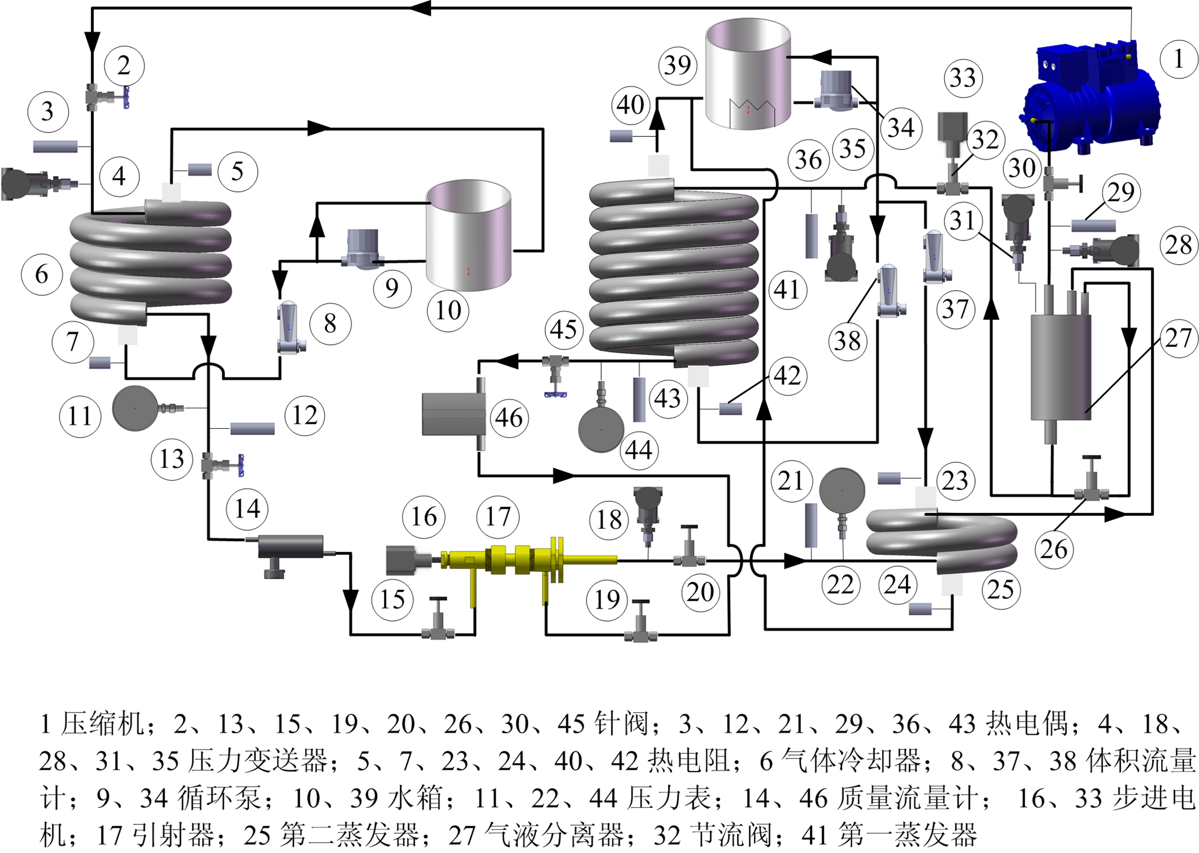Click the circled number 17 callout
[498, 516]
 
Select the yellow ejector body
[509, 560]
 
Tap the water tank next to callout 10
[469, 235]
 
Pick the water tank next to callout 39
[748, 74]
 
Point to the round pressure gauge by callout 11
[135, 408]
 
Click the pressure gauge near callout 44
[601, 430]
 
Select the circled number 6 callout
[42, 275]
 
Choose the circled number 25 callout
[1000, 590]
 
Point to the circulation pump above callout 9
[363, 247]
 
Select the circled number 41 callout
[787, 290]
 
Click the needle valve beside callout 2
[107, 97]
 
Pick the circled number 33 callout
[963, 77]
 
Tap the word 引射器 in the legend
[163, 834]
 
